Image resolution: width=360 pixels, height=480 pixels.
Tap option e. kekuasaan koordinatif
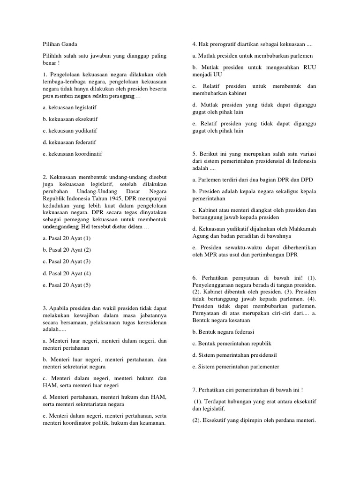[x=72, y=153]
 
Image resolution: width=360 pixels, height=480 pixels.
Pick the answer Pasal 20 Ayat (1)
[x=66, y=238]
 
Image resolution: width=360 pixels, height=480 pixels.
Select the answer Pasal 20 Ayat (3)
[x=66, y=261]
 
